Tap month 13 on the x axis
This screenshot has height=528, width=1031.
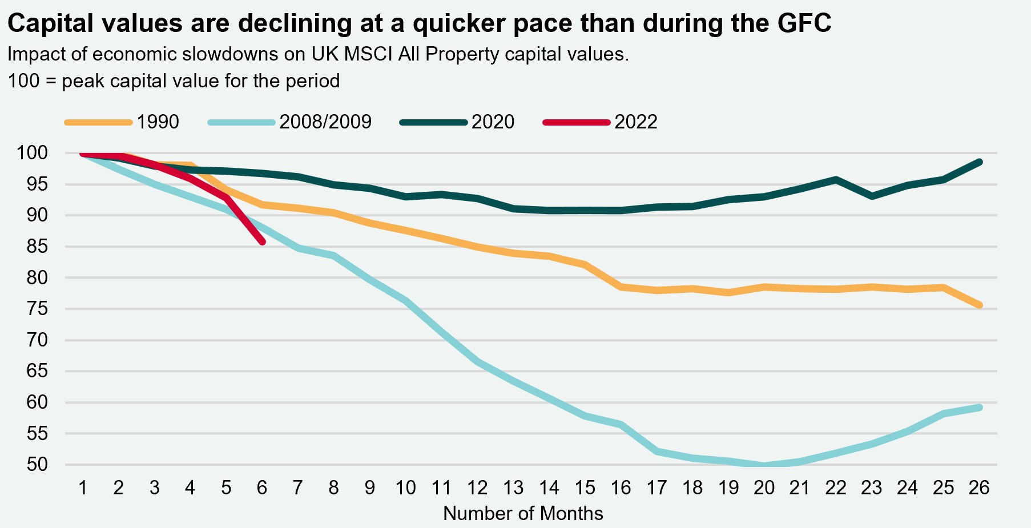pos(513,488)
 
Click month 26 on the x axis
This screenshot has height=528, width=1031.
pos(979,488)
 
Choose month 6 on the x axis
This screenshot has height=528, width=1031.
pos(262,488)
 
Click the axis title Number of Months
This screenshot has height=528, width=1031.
pos(523,514)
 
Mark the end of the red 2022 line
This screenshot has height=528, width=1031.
pos(262,242)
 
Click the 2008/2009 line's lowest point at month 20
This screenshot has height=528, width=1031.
pos(764,465)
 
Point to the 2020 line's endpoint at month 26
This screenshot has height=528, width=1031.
pos(980,162)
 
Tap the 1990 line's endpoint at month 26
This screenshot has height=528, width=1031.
pos(980,305)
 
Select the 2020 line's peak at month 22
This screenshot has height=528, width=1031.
pos(836,179)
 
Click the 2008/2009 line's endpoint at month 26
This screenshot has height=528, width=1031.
pos(980,407)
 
